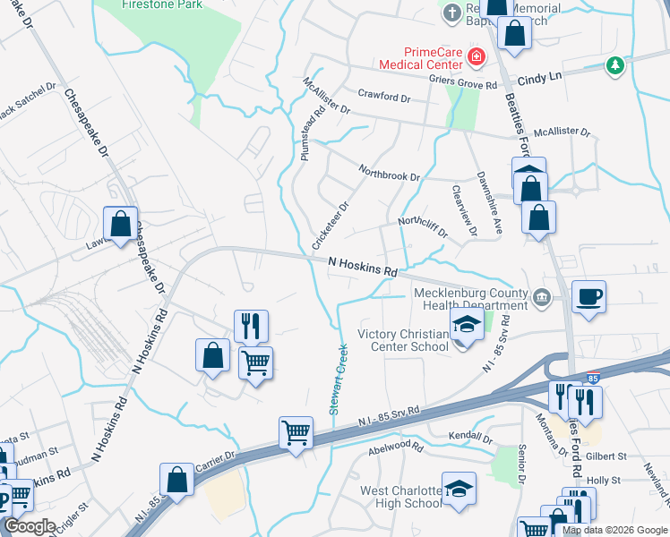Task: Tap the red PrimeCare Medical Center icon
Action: (477, 58)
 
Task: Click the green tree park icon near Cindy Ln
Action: (614, 64)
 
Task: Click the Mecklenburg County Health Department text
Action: (469, 299)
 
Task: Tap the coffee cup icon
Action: (588, 296)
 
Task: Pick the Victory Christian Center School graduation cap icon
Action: (467, 325)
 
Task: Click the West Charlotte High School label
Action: (400, 497)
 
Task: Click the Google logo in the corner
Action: (30, 526)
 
